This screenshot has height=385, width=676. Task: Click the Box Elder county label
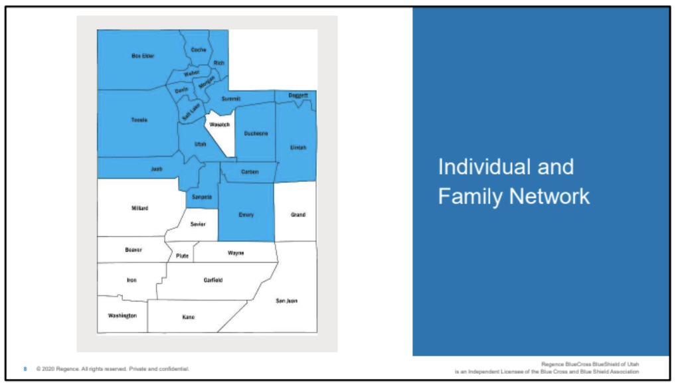[143, 56]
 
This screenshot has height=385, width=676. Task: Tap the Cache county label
[199, 50]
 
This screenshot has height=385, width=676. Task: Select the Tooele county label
[139, 120]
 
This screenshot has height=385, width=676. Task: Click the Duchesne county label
[256, 133]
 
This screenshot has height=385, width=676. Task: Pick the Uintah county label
[298, 147]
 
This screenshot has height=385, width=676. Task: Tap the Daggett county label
[299, 96]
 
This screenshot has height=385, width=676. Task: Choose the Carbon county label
[250, 171]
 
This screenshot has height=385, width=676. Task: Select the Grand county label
[298, 214]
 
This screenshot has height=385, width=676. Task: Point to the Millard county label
[139, 208]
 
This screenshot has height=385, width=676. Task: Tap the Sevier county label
[198, 224]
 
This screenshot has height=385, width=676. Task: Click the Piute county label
[183, 256]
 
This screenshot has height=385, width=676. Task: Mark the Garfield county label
[213, 280]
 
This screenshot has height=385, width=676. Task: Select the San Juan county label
[286, 301]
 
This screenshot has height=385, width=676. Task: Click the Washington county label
[122, 315]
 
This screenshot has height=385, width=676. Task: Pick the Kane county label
[189, 317]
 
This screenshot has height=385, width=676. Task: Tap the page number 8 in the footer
[25, 368]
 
